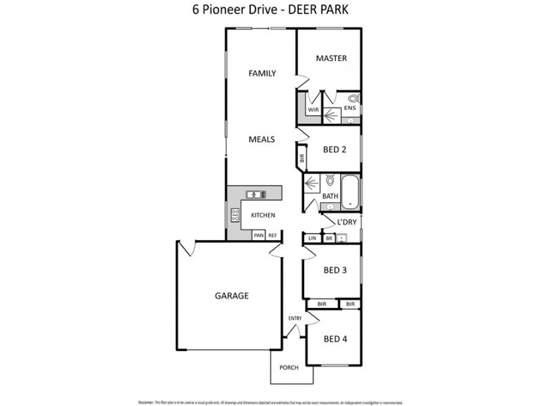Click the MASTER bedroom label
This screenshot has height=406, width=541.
coord(331,58)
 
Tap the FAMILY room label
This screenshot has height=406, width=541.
coord(262,73)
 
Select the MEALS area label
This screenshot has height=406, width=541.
coord(261,139)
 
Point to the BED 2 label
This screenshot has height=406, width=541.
coord(334,150)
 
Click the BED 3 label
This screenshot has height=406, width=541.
coord(335,270)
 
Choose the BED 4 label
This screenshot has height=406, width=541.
coord(335,338)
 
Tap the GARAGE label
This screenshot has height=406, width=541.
coord(232,296)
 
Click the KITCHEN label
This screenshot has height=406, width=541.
coord(263,215)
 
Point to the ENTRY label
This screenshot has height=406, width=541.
coord(295,318)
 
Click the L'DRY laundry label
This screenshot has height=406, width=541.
coord(346,221)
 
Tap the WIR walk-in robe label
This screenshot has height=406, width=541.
coord(313,110)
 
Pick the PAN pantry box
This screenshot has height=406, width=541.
coord(258,235)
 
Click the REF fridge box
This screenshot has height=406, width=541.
coord(273,235)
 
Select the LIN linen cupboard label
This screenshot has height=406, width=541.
coord(312,238)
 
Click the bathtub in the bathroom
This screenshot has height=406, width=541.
coord(350,191)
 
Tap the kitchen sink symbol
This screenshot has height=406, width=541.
coord(255,194)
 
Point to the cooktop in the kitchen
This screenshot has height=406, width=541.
coord(235,216)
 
